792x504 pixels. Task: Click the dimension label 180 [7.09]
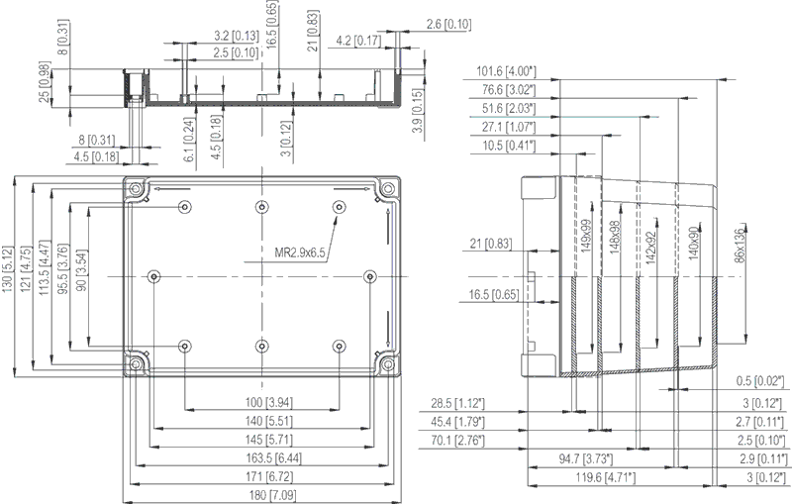260,494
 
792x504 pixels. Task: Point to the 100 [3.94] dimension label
260,403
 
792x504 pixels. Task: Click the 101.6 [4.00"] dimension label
505,71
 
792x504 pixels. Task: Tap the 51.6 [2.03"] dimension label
507,108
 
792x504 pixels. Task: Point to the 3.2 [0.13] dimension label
236,36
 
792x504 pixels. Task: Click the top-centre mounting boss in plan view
261,206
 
